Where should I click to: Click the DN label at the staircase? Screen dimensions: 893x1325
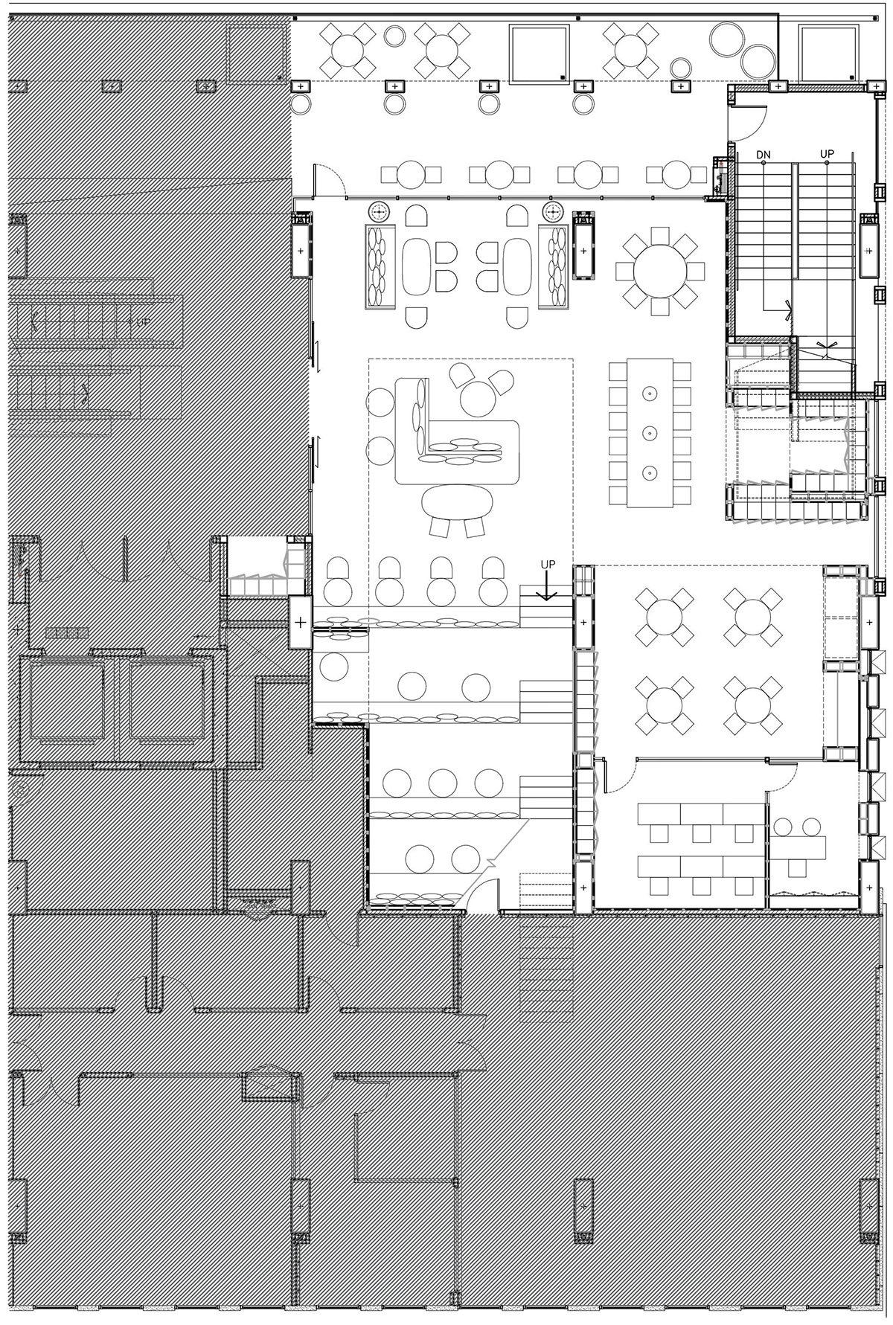[x=763, y=155]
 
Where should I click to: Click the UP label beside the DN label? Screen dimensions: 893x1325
[x=827, y=154]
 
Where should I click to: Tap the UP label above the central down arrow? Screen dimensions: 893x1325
[x=548, y=565]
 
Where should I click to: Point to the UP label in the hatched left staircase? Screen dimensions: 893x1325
[x=143, y=322]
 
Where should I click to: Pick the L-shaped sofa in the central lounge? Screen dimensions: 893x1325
[x=456, y=433]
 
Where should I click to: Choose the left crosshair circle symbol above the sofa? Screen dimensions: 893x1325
[x=380, y=212]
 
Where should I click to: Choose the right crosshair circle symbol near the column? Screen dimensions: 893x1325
[x=552, y=212]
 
